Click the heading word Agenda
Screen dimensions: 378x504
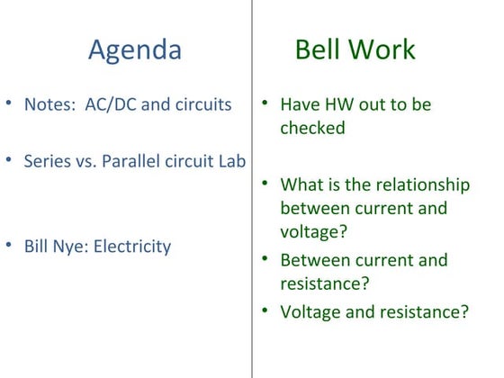pyautogui.click(x=134, y=49)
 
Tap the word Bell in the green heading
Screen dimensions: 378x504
pyautogui.click(x=319, y=49)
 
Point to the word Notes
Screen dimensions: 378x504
pyautogui.click(x=49, y=104)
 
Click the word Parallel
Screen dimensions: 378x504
pyautogui.click(x=136, y=161)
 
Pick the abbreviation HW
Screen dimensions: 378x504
pyautogui.click(x=338, y=104)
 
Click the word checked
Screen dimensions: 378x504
pyautogui.click(x=312, y=128)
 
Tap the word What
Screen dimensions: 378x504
pyautogui.click(x=300, y=184)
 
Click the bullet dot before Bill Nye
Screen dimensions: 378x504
pyautogui.click(x=9, y=245)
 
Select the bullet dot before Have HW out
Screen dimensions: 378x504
pyautogui.click(x=266, y=103)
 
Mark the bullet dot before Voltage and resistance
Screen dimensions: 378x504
pyautogui.click(x=266, y=311)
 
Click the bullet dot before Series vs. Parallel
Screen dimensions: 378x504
pyautogui.click(x=9, y=160)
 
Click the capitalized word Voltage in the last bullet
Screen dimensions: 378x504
pyautogui.click(x=310, y=312)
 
